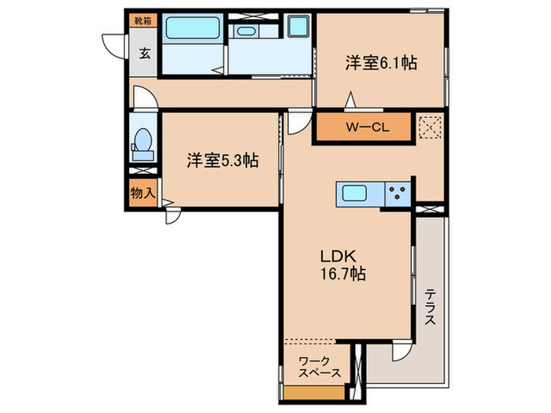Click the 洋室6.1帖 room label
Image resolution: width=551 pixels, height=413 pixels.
coord(380,65)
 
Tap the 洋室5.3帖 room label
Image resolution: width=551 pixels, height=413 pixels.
coord(223,160)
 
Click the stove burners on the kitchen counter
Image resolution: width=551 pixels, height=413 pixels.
coord(398,193)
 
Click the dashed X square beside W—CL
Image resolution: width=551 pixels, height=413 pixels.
coord(430,127)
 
